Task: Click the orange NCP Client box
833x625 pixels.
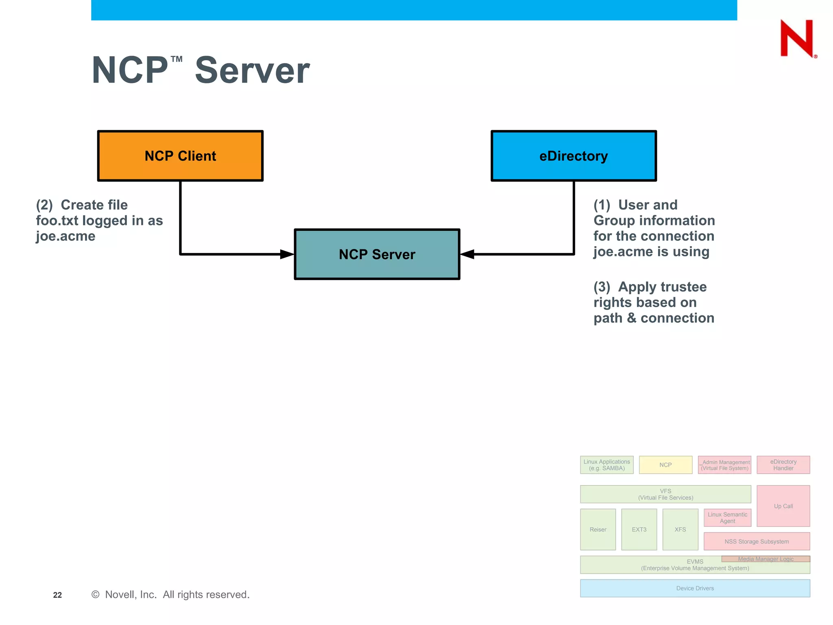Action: pyautogui.click(x=180, y=156)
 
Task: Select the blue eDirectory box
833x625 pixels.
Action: pyautogui.click(x=574, y=156)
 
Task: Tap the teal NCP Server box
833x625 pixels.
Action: pyautogui.click(x=377, y=254)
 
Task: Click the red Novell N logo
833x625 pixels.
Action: pyautogui.click(x=797, y=39)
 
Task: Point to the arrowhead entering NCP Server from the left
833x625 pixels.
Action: pyautogui.click(x=287, y=254)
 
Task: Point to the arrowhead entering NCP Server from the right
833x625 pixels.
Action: pyautogui.click(x=467, y=254)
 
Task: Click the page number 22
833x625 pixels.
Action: pyautogui.click(x=57, y=595)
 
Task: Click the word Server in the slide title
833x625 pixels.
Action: pyautogui.click(x=252, y=70)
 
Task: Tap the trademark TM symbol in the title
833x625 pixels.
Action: pyautogui.click(x=177, y=59)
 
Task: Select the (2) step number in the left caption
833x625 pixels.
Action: pyautogui.click(x=44, y=205)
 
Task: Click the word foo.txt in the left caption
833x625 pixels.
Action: pyautogui.click(x=57, y=221)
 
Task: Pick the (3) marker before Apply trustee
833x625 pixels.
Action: pyautogui.click(x=602, y=287)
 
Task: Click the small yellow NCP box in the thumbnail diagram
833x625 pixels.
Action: pyautogui.click(x=665, y=465)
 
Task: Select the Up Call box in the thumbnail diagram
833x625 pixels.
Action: pyautogui.click(x=783, y=506)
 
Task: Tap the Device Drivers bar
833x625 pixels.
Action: pyautogui.click(x=695, y=588)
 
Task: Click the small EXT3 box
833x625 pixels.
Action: pyautogui.click(x=639, y=529)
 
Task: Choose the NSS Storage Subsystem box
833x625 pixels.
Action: pyautogui.click(x=757, y=542)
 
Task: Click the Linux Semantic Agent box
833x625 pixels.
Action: pyautogui.click(x=727, y=518)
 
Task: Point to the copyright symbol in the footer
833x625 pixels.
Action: pyautogui.click(x=96, y=594)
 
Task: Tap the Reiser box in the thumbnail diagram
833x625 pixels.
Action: pyautogui.click(x=598, y=529)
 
